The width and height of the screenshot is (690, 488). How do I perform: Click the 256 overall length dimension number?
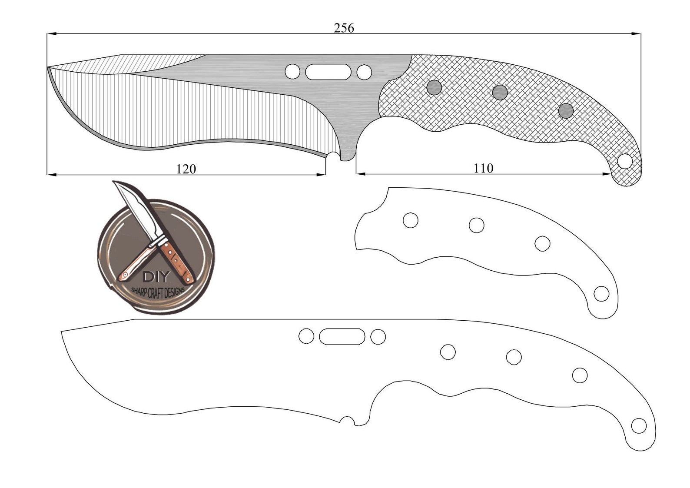[344, 28]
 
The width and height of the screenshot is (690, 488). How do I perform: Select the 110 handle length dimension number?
[483, 168]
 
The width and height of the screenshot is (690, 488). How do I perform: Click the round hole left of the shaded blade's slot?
[292, 72]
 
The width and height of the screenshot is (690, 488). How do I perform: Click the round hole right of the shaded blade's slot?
[364, 72]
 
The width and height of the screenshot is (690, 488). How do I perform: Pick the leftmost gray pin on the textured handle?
[434, 88]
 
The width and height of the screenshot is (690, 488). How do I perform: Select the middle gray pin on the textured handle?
[500, 92]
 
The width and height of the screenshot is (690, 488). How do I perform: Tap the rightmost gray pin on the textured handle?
[566, 111]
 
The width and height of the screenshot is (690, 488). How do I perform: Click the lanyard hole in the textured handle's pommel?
[625, 161]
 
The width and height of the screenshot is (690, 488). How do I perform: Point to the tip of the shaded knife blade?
[48, 67]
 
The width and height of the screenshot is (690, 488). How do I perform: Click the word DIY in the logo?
[155, 277]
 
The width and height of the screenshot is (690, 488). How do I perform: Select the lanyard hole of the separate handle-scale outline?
[601, 294]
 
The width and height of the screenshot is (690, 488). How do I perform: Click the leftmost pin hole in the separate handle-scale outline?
[410, 220]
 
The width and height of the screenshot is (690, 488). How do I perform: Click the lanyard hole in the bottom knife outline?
[638, 426]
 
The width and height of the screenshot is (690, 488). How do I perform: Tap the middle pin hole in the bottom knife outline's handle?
[514, 357]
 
